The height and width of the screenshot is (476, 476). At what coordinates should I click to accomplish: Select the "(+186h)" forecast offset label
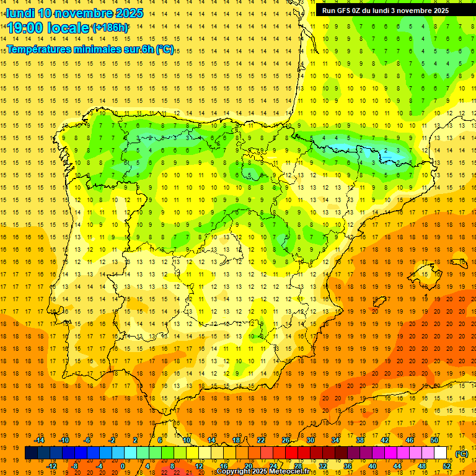click(110, 28)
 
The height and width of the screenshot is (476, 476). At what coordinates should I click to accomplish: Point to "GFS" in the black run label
click(346, 11)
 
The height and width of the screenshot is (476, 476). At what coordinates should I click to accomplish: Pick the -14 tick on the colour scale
click(40, 440)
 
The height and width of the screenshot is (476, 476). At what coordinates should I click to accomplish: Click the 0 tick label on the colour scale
click(122, 466)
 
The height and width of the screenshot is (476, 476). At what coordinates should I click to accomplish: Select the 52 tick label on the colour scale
click(447, 466)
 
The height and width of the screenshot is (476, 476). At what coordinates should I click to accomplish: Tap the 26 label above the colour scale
click(286, 440)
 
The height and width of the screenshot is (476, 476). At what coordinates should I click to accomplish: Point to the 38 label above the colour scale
click(359, 440)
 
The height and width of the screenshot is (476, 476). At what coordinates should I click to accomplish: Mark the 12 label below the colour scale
click(198, 466)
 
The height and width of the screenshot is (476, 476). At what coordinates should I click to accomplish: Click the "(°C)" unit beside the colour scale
click(462, 454)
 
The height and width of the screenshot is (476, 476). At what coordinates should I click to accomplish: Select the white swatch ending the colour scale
click(441, 453)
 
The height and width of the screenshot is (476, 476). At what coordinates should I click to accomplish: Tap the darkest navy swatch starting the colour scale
click(31, 453)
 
